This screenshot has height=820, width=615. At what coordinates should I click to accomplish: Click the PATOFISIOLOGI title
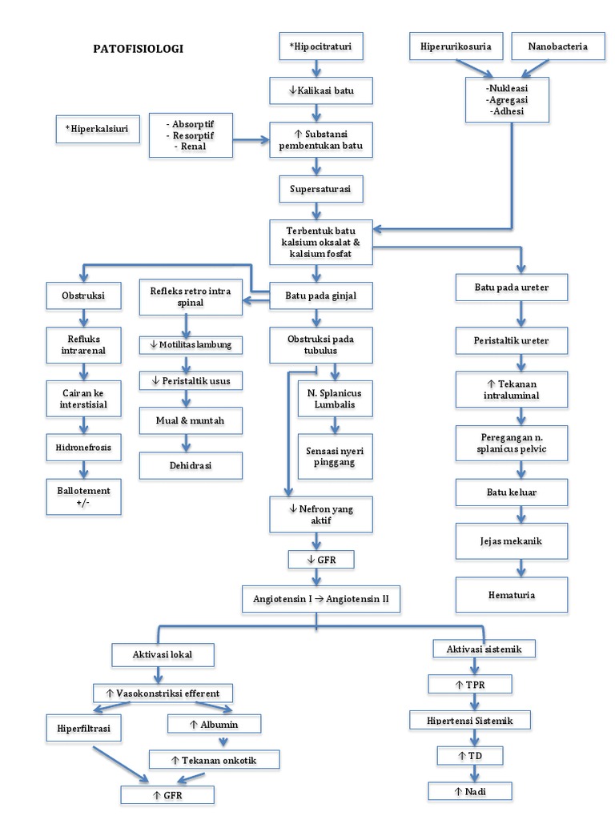139,49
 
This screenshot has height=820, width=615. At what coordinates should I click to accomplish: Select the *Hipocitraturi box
320,46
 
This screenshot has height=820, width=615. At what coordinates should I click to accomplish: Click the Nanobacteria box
557,46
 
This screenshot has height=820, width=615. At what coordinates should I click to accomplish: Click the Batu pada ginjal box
320,295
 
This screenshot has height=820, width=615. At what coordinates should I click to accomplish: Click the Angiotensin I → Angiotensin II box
320,598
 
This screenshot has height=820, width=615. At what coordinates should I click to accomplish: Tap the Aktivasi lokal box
163,654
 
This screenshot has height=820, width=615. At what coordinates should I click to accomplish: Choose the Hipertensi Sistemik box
471,720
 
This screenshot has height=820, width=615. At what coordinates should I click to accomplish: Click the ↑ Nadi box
470,791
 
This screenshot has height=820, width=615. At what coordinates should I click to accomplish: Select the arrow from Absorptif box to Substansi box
251,141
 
